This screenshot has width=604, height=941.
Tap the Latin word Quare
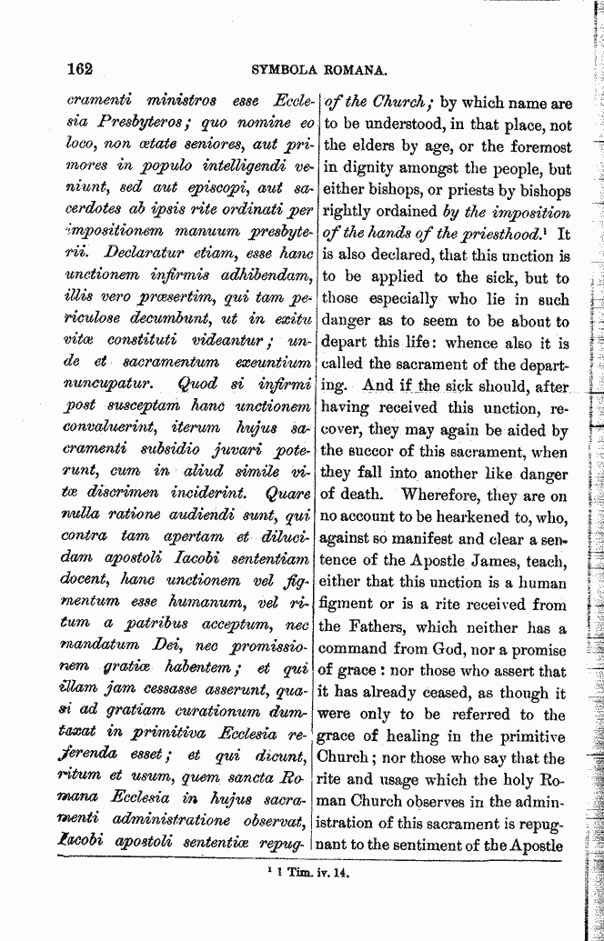[290, 495]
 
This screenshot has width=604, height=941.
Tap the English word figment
[352, 605]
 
